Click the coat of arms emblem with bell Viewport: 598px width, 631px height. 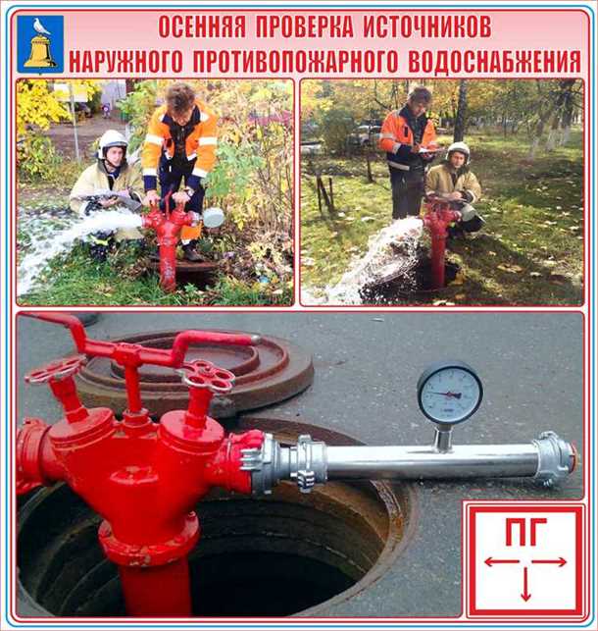tap(40, 42)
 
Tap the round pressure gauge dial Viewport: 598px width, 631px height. tap(449, 393)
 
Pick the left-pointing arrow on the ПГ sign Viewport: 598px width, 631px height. tap(501, 562)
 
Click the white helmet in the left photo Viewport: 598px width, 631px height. tap(113, 140)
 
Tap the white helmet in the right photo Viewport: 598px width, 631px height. tap(457, 151)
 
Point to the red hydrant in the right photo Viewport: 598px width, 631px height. tap(437, 240)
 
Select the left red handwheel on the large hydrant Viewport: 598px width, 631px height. tap(55, 370)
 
